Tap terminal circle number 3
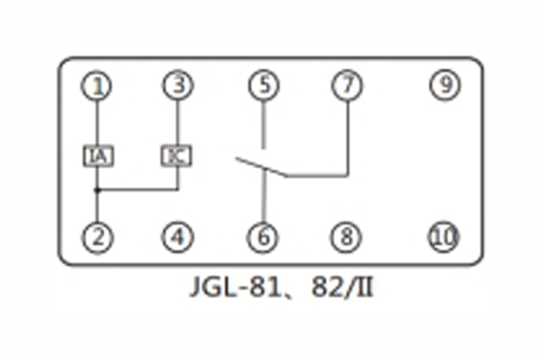177,85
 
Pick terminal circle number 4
177,238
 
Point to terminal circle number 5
263,85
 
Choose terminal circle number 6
263,238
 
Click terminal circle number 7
346,85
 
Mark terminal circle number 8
346,238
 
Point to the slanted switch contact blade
261,167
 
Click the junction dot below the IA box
97,190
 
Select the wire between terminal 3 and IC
177,121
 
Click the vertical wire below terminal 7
346,135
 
